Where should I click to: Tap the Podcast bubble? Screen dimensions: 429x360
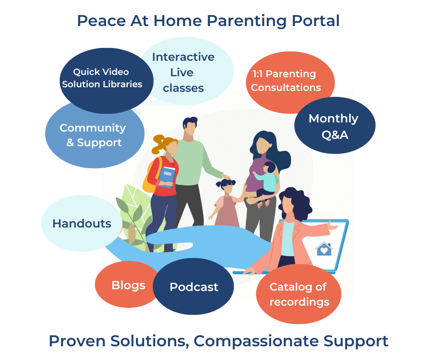pyautogui.click(x=194, y=286)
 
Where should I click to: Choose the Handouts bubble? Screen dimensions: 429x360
pyautogui.click(x=82, y=223)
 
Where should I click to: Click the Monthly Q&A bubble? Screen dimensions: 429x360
pyautogui.click(x=335, y=126)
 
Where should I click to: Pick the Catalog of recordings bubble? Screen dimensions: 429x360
pyautogui.click(x=299, y=294)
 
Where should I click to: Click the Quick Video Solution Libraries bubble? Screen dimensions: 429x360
pyautogui.click(x=106, y=80)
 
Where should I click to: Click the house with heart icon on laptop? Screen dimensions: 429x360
pyautogui.click(x=324, y=249)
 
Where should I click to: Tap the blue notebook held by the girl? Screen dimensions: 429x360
pyautogui.click(x=167, y=177)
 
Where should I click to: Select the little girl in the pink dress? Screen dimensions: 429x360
pyautogui.click(x=226, y=203)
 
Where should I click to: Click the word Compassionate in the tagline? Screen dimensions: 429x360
pyautogui.click(x=256, y=342)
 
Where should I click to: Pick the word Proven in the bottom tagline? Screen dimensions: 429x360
pyautogui.click(x=77, y=341)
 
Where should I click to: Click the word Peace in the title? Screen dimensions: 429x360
pyautogui.click(x=101, y=21)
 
